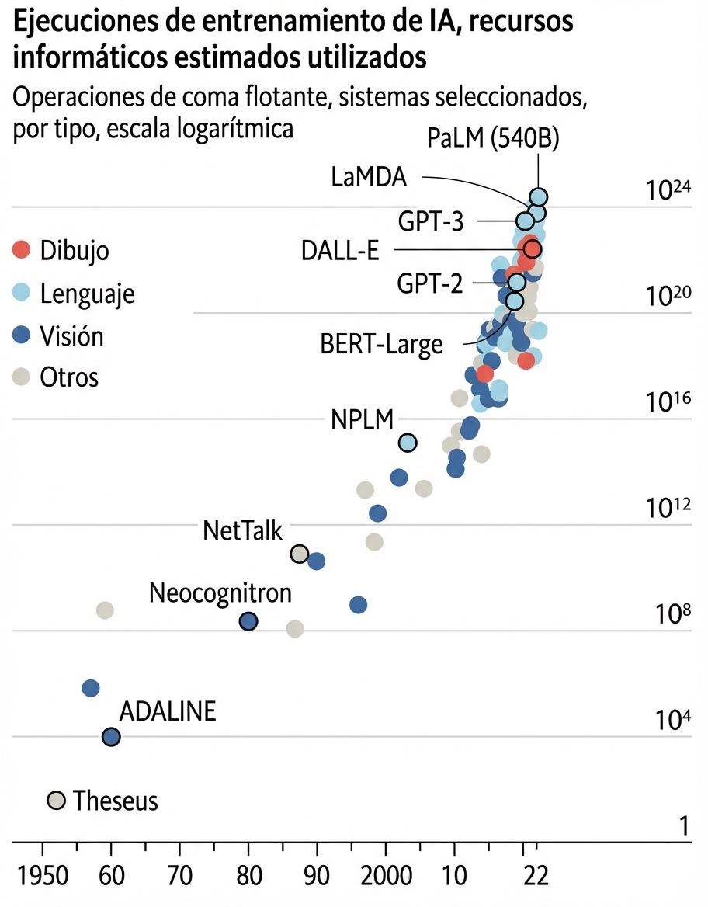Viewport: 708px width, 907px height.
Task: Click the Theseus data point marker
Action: pyautogui.click(x=56, y=800)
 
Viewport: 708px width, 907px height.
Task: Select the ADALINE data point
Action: pyautogui.click(x=111, y=737)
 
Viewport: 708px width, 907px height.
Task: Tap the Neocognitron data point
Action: pyautogui.click(x=248, y=621)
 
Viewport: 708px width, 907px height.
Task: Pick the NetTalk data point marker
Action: pyautogui.click(x=299, y=554)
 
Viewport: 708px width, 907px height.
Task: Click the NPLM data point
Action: pyautogui.click(x=408, y=443)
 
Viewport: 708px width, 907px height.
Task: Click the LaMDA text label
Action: pyautogui.click(x=369, y=177)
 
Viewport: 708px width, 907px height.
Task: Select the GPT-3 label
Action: pyautogui.click(x=431, y=221)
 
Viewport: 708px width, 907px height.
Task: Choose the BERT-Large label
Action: pyautogui.click(x=381, y=344)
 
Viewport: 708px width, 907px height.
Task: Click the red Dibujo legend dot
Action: pyautogui.click(x=22, y=250)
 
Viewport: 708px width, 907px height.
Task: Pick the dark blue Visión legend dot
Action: pyautogui.click(x=22, y=335)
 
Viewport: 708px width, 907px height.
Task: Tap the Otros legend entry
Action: pyautogui.click(x=69, y=377)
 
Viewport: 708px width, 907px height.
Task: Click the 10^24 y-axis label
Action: pyautogui.click(x=668, y=190)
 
